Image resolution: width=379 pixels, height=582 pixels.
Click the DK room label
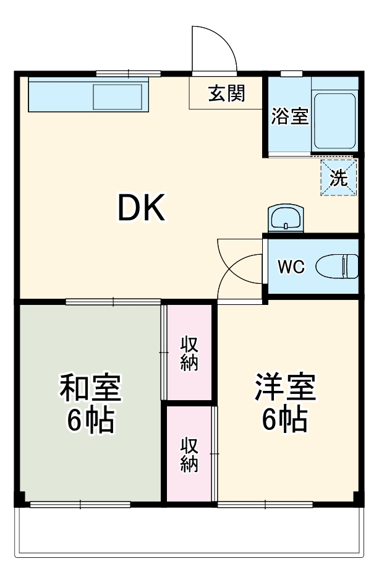point(142,208)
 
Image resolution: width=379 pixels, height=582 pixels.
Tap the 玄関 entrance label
point(226,94)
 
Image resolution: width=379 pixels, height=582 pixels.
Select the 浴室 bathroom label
point(290,116)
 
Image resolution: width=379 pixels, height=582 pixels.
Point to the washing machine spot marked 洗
point(338,178)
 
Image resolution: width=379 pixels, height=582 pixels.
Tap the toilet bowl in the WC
point(337,267)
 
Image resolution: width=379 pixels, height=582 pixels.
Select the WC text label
point(291,267)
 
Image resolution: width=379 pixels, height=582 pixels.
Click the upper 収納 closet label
point(189,353)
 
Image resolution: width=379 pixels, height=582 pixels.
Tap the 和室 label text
point(90,388)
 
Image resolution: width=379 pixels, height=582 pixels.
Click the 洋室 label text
point(286,388)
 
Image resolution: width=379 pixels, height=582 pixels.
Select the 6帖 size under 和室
point(90,421)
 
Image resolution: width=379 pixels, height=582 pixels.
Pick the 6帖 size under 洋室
point(286,421)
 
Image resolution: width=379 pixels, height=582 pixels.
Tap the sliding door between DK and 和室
point(114,302)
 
